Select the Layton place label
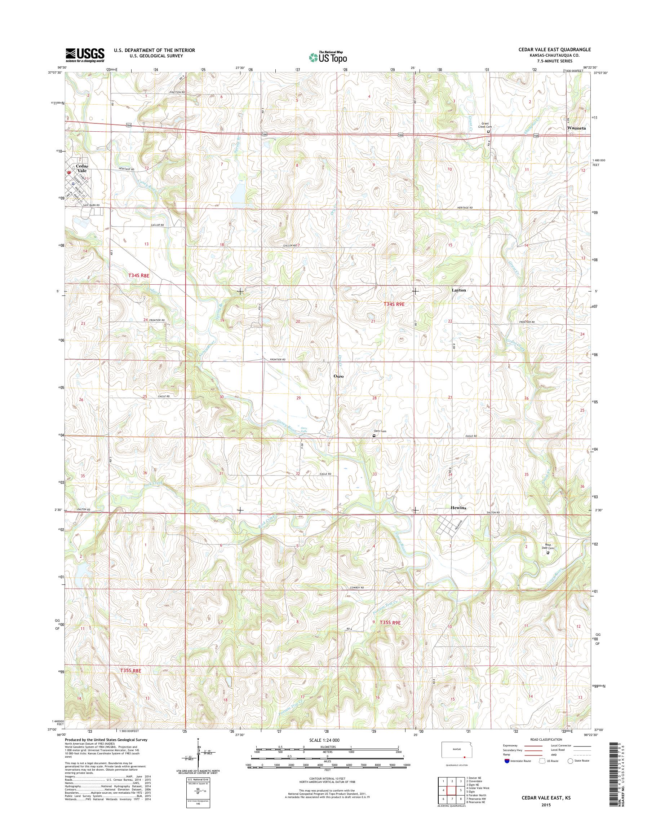pos(458,290)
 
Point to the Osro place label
pos(338,376)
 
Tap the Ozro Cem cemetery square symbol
pos(374,435)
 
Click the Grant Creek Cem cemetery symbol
pos(488,131)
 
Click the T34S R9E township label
pos(394,304)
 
